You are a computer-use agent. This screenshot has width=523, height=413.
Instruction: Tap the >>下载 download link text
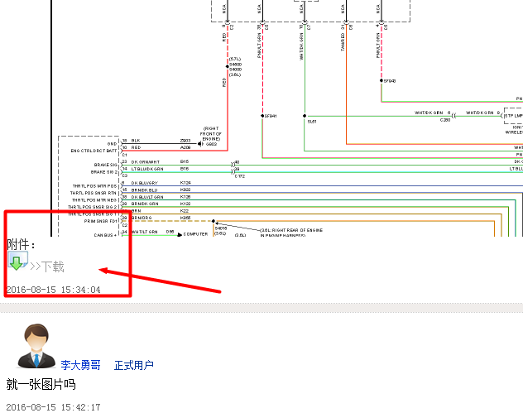click(47, 267)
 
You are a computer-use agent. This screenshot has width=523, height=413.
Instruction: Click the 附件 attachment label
click(21, 244)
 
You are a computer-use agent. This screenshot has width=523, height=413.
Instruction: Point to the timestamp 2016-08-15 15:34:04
click(53, 290)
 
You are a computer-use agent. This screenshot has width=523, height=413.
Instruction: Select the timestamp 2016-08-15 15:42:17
click(53, 406)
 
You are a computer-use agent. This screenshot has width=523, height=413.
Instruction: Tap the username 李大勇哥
click(80, 364)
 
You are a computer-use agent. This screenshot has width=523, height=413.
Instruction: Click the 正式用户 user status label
click(134, 364)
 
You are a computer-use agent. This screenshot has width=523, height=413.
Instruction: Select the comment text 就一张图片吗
click(41, 384)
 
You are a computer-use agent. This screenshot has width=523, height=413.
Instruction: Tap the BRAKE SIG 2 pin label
click(104, 171)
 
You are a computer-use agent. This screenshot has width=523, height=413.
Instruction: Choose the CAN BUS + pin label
click(105, 234)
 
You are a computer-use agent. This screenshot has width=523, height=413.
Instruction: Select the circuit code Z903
click(185, 142)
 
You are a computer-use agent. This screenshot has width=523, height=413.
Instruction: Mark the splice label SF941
click(271, 116)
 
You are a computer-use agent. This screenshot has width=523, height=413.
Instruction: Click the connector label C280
click(445, 121)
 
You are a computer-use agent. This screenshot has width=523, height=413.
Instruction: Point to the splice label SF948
click(390, 81)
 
